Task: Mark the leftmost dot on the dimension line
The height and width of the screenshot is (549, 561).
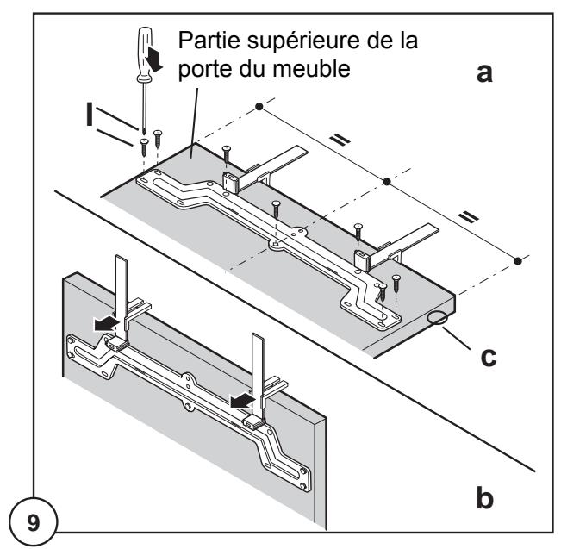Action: pyautogui.click(x=259, y=107)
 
